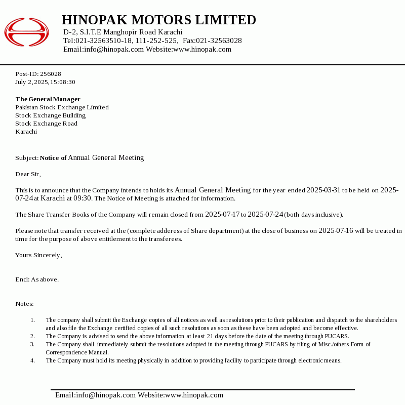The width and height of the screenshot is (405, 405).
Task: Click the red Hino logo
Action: [26, 32]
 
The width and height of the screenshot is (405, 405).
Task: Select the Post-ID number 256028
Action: [51, 74]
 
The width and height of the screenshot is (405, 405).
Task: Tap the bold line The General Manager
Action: [48, 99]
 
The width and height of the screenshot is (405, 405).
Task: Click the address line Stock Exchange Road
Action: [46, 124]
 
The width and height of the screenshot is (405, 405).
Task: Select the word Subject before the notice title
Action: [26, 158]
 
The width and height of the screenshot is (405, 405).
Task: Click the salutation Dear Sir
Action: [27, 174]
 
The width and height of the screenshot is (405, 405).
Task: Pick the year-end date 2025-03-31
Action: [323, 190]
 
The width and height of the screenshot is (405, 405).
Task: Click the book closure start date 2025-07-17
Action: [222, 215]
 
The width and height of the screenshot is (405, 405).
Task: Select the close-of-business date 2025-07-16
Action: [336, 231]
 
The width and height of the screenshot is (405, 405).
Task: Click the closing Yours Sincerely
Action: [38, 255]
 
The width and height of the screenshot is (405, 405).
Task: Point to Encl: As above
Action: [37, 279]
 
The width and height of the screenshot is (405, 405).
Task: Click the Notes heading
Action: [24, 304]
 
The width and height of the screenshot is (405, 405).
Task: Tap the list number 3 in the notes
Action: [32, 344]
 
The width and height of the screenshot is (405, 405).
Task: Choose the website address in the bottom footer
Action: [194, 395]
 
